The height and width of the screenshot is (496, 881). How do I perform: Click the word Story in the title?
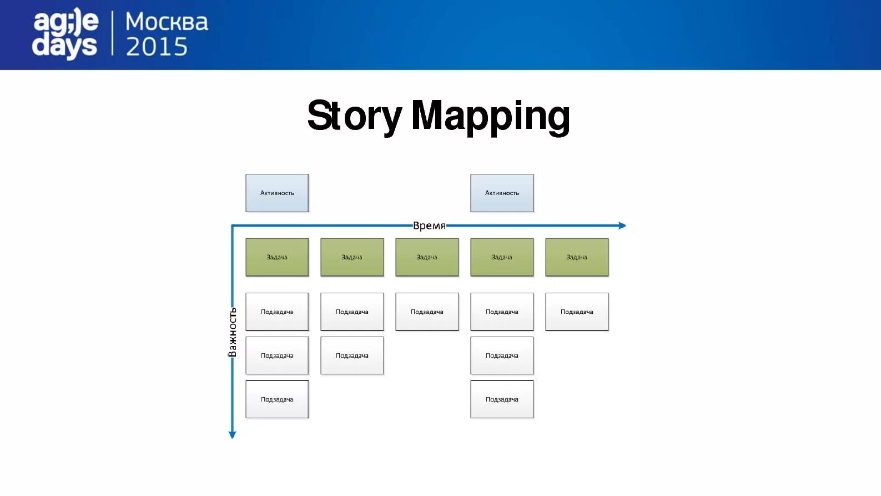354,116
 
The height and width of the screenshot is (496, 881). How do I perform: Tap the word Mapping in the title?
490,116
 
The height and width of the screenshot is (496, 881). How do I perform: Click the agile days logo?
65,34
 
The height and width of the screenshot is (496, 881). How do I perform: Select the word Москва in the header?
167,22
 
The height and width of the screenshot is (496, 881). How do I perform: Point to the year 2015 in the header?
157,47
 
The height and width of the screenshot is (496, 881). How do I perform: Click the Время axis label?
429,226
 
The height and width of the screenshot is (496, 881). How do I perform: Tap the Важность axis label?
233,332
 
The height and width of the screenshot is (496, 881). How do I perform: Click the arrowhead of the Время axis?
622,226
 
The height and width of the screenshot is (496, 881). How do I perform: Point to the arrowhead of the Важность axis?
233,435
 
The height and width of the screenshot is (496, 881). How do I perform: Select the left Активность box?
277,193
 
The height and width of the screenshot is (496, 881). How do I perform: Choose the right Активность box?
502,193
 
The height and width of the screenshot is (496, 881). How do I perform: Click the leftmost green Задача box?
277,257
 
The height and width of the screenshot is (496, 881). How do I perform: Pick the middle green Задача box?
427,257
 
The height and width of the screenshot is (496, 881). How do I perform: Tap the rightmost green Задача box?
577,257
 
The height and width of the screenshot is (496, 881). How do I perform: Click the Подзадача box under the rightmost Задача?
577,312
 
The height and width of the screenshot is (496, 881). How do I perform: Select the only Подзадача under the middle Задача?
427,312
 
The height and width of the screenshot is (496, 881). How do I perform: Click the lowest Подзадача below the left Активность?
277,399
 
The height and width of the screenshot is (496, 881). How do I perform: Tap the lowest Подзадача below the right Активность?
502,399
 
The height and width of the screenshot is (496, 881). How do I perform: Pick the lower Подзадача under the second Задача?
352,355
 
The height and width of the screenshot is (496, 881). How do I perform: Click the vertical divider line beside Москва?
113,33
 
